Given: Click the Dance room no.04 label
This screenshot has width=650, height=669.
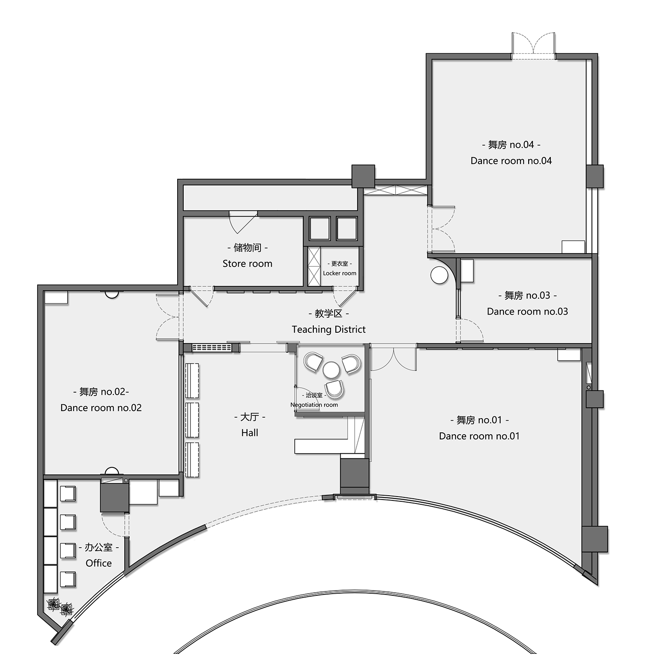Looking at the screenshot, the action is (x=511, y=161).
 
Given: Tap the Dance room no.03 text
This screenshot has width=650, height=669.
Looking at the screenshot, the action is (x=527, y=312).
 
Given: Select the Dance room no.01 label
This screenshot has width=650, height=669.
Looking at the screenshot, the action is (x=479, y=436).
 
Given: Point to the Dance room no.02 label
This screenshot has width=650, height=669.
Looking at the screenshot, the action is (x=101, y=408).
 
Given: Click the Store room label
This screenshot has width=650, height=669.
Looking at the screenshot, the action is (x=247, y=263).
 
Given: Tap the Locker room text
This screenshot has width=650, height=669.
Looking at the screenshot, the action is (x=340, y=273).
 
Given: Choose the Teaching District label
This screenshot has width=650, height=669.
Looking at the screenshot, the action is (x=328, y=329).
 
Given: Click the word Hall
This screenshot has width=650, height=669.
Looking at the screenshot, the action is (x=250, y=432).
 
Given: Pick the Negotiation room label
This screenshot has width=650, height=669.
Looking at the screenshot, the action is (x=314, y=405).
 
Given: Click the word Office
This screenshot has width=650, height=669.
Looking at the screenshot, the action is (x=99, y=563).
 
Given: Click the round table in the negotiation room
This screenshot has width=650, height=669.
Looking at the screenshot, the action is (x=331, y=370).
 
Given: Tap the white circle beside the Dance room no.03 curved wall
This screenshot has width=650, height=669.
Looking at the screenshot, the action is (x=439, y=275).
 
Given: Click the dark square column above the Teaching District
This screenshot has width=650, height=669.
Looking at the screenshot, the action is (x=363, y=176).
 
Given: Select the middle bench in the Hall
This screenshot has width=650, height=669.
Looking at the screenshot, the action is (x=192, y=420).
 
